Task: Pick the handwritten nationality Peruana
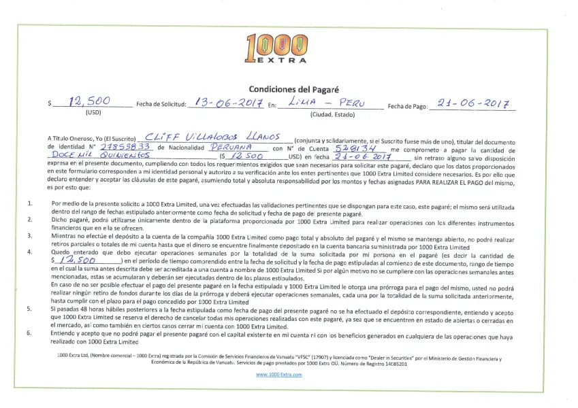(232, 146)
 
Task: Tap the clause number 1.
(29, 203)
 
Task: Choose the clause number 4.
(29, 252)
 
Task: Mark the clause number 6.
(29, 334)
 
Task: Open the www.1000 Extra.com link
(279, 375)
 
